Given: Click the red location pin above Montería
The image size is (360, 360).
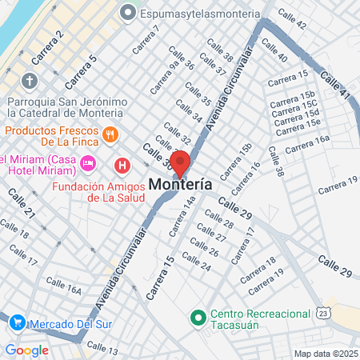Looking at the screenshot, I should pyautogui.click(x=181, y=162).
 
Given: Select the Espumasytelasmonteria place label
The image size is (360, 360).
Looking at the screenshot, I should pyautogui.click(x=200, y=14).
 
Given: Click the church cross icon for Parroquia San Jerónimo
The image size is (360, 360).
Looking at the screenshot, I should pyautogui.click(x=30, y=81).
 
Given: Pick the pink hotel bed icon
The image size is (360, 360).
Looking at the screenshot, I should pyautogui.click(x=89, y=162).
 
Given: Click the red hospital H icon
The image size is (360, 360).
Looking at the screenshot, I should pyautogui.click(x=122, y=166).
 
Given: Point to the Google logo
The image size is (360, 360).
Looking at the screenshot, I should pyautogui.click(x=26, y=350).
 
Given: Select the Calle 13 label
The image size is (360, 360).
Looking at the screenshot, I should pyautogui.click(x=102, y=349).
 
